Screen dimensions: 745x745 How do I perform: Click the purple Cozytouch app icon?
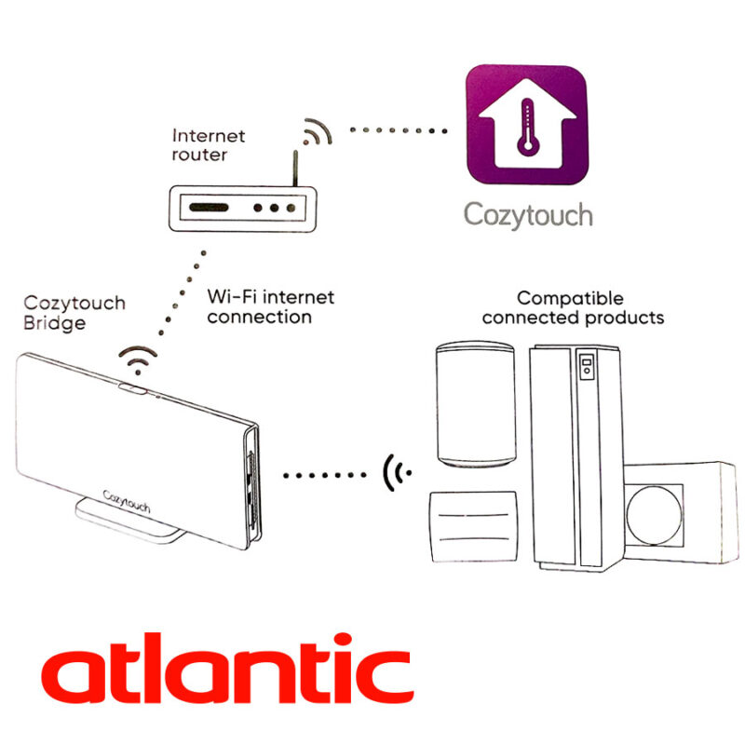click(x=526, y=125)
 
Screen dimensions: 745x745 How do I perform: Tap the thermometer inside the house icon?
click(x=527, y=128)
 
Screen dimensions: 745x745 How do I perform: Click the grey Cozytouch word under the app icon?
click(x=528, y=215)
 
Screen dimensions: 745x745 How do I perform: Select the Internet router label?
click(x=208, y=145)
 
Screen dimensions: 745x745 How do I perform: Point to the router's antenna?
click(x=295, y=169)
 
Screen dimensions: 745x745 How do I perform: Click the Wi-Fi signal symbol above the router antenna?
click(x=317, y=131)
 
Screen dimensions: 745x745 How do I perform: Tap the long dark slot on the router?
click(x=209, y=208)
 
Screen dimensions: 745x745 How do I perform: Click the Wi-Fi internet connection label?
click(x=271, y=307)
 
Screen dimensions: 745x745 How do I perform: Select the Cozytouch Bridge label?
click(x=74, y=313)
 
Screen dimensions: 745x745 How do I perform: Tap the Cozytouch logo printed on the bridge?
click(x=127, y=502)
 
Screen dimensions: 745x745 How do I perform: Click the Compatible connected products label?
click(x=573, y=308)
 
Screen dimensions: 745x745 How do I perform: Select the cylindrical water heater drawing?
click(x=476, y=404)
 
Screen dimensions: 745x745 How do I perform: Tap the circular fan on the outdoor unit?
click(x=655, y=516)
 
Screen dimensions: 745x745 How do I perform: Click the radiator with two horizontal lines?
click(x=473, y=527)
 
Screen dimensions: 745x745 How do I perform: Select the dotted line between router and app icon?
click(x=399, y=130)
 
